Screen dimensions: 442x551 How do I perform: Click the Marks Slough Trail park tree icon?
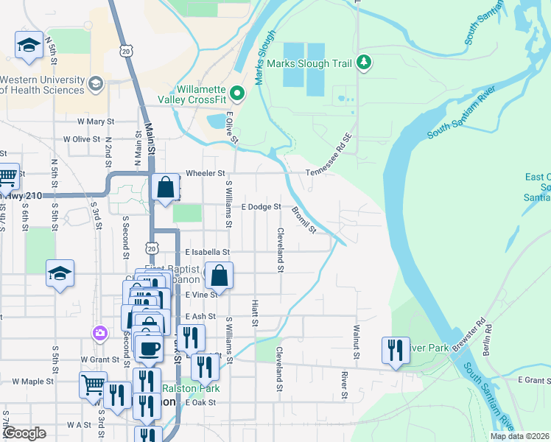[362, 63]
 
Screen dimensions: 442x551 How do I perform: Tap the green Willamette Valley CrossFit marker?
[237, 94]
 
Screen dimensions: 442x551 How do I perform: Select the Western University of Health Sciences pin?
[95, 84]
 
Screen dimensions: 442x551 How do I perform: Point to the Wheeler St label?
[206, 173]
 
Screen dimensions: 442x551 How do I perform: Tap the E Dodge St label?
[262, 207]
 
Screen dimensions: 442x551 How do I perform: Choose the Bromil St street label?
[303, 220]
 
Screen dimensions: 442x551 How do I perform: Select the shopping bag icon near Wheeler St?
[166, 188]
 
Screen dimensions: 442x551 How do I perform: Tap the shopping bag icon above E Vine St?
[220, 276]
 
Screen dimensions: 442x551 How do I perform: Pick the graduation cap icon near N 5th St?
[29, 46]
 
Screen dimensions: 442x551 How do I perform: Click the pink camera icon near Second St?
[99, 334]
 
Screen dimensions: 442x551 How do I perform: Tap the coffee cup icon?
[150, 348]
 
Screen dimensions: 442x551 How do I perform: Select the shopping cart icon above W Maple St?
[94, 385]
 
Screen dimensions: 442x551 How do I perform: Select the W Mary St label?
[96, 121]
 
